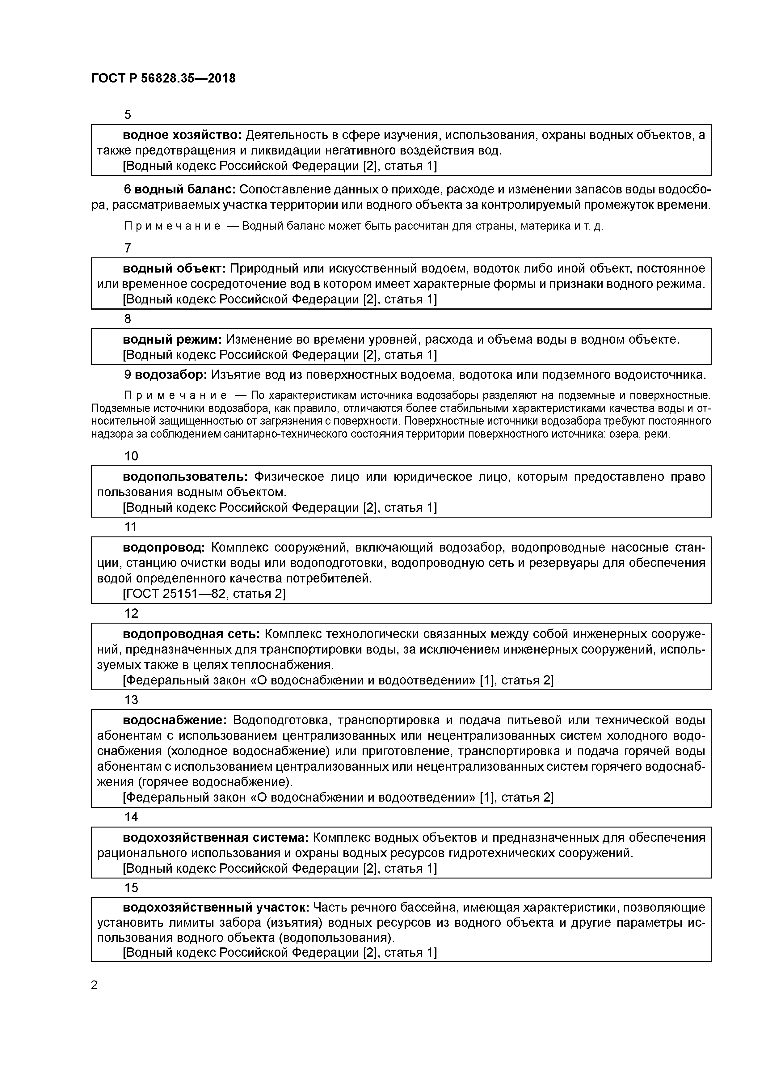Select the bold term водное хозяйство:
[x=182, y=135]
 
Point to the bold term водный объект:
[x=174, y=269]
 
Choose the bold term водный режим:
[x=172, y=340]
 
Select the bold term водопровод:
[x=164, y=548]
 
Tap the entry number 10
[x=131, y=456]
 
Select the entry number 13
[x=131, y=700]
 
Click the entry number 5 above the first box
[x=128, y=115]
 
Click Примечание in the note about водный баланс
[x=172, y=226]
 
